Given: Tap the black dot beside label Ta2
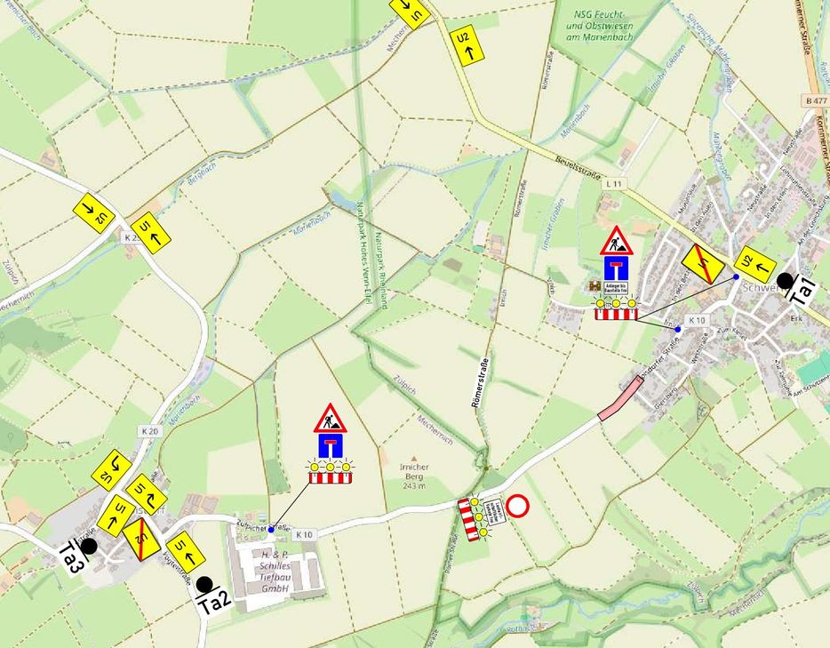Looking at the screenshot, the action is click(204, 584).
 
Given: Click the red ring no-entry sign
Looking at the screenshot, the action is click(517, 507).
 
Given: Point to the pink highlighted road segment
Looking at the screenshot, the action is click(619, 398).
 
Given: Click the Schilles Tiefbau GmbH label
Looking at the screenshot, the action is click(283, 570).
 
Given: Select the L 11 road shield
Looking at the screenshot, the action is click(611, 182).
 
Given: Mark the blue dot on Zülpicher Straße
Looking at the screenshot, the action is click(271, 529).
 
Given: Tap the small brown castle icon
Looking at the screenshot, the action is click(595, 286).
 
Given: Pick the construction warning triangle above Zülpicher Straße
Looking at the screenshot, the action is click(330, 417).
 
